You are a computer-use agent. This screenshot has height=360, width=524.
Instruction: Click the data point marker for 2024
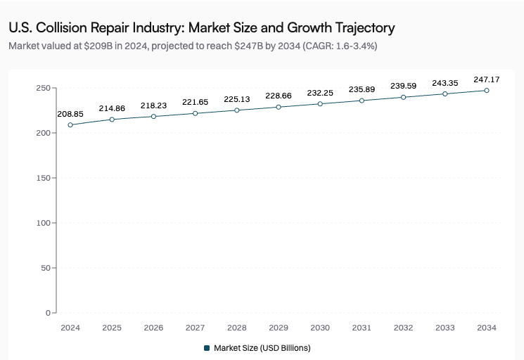[70, 125]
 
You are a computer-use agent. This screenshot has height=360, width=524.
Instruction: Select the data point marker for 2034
[486, 91]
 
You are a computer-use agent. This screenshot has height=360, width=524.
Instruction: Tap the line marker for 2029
[279, 107]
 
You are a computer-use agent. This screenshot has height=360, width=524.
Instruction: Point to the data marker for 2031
[362, 101]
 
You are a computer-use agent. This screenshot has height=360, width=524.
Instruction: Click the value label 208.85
[70, 113]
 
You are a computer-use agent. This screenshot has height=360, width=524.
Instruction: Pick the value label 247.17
[486, 79]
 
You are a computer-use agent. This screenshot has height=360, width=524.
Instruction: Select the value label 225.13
[237, 98]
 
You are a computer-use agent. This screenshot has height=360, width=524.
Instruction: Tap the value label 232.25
[320, 92]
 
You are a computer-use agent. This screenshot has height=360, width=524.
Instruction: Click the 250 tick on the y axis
[43, 88]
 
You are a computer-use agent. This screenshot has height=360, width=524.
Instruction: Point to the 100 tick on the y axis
[43, 223]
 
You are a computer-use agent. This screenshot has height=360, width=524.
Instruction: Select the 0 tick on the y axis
[48, 312]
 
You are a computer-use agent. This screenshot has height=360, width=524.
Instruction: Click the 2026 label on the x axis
[153, 328]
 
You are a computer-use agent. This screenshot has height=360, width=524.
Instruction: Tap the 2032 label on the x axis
[403, 328]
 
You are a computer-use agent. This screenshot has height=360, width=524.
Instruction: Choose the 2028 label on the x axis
[237, 328]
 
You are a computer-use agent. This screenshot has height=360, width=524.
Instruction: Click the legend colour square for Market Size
[207, 348]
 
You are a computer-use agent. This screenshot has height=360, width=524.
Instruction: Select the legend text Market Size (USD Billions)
[262, 348]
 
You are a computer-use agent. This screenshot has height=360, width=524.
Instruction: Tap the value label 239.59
[403, 86]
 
